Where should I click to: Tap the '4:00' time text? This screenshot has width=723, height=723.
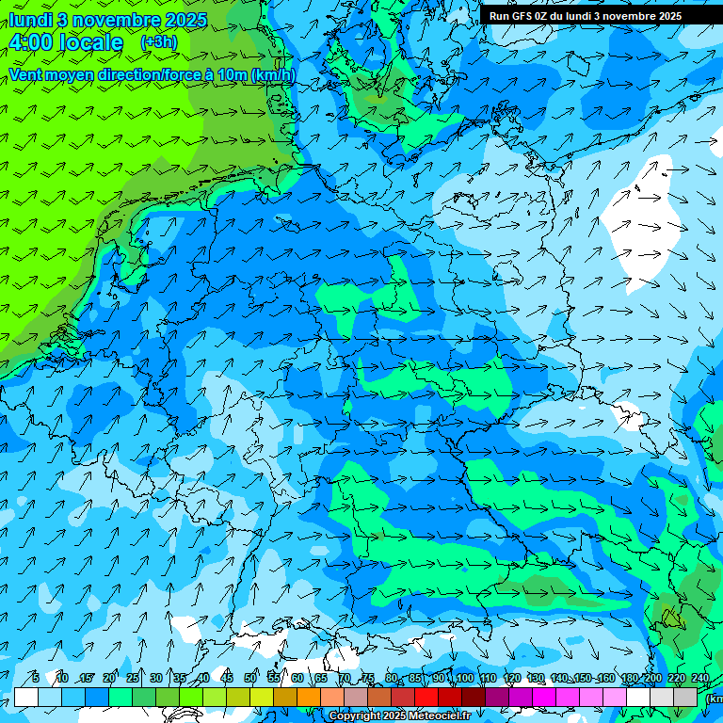click(33, 42)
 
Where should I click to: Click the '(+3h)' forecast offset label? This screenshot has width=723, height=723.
click(158, 41)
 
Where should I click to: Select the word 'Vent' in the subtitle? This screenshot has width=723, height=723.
click(26, 74)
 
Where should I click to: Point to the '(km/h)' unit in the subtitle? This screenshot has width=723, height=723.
click(272, 74)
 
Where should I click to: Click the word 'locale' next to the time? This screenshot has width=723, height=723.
click(90, 42)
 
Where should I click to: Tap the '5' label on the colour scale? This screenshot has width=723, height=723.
click(36, 679)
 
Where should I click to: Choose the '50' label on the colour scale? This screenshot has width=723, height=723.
click(250, 679)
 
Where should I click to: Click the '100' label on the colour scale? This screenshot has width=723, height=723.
click(464, 679)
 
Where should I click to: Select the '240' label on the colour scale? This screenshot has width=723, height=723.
click(700, 679)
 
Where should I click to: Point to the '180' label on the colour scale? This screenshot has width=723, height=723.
click(629, 679)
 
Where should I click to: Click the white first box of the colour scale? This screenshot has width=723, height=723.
click(26, 697)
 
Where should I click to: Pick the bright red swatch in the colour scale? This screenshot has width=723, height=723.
click(426, 697)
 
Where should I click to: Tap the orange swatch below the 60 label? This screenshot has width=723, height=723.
click(285, 697)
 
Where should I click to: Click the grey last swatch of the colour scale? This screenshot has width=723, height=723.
click(685, 697)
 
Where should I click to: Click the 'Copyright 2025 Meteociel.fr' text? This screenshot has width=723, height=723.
click(399, 716)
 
